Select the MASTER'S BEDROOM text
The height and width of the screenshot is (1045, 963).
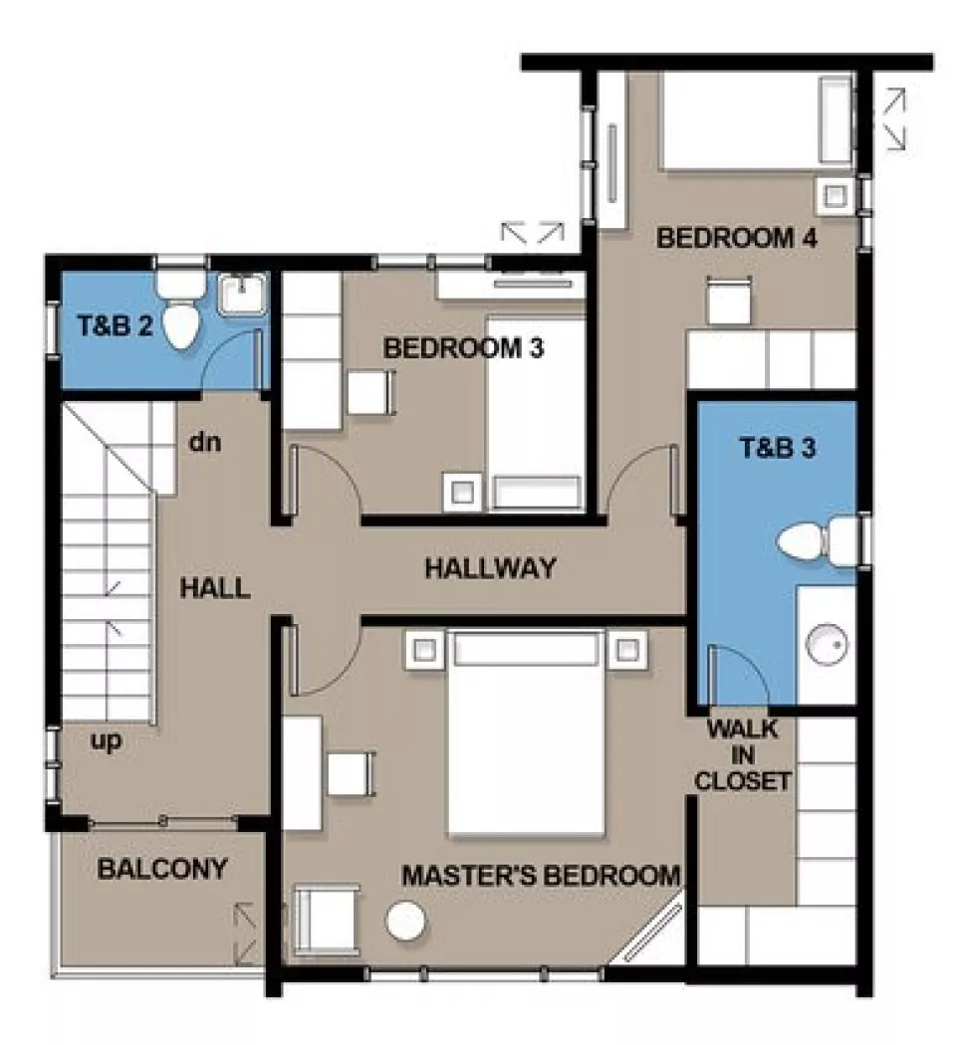[x=541, y=876]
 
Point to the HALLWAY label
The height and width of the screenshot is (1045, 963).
[x=490, y=569]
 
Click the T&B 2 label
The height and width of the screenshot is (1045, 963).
[x=116, y=325]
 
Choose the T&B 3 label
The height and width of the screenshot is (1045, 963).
[x=777, y=448]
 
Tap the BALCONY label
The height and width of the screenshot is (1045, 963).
[x=162, y=869]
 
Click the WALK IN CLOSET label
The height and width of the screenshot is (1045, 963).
[x=742, y=754]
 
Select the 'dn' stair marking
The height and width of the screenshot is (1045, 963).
[x=204, y=441]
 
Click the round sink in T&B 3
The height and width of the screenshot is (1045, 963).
[x=827, y=645]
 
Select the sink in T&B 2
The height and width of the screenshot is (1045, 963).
[x=242, y=294]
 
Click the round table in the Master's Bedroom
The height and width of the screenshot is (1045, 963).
[x=405, y=921]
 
